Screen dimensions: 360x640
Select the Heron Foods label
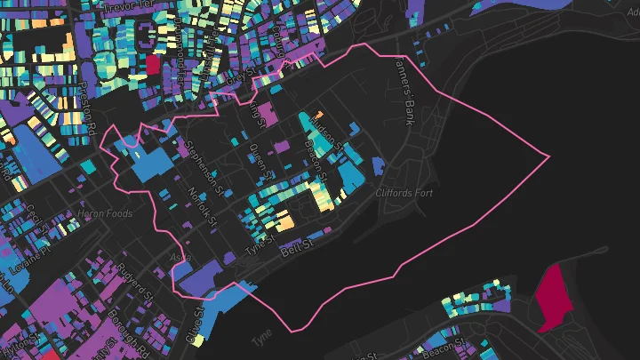[106, 213]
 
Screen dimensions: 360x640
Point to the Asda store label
[180, 257]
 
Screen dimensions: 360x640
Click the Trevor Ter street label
[130, 8]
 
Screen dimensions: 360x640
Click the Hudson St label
[326, 136]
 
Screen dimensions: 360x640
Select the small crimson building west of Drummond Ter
[152, 65]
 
